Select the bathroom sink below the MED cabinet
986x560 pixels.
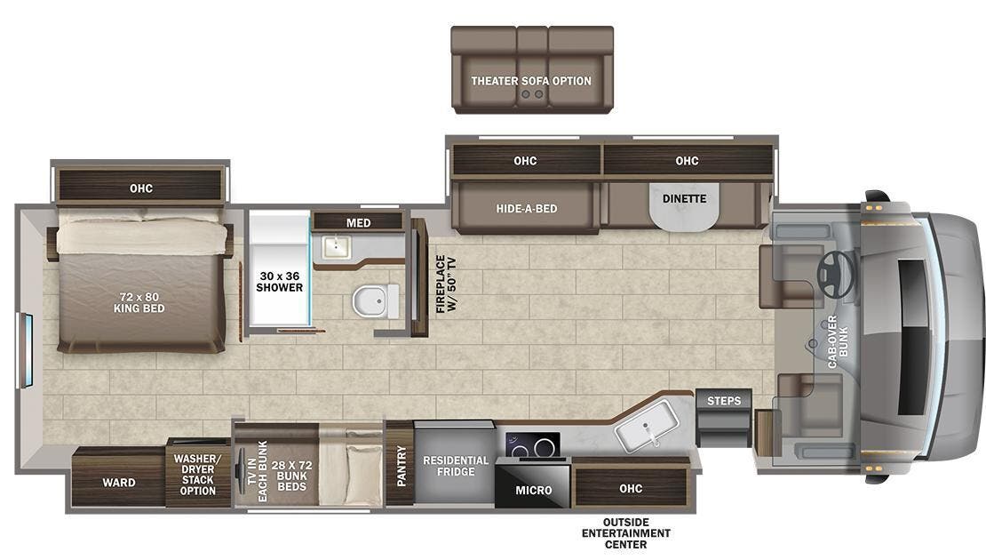[335, 245]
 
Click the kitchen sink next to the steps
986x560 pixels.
[646, 434]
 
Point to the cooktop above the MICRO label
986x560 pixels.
[534, 445]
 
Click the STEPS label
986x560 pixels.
[724, 401]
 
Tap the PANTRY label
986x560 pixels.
[400, 466]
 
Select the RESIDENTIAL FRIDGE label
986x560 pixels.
[456, 466]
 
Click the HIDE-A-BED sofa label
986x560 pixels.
[526, 209]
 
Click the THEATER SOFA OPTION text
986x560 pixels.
[531, 81]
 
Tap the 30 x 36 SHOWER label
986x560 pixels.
[279, 281]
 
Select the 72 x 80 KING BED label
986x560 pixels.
[139, 302]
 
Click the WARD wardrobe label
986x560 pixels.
[118, 483]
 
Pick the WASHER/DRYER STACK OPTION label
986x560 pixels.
[198, 474]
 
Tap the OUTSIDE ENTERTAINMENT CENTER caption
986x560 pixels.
[626, 532]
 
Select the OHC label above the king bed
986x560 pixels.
[140, 188]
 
